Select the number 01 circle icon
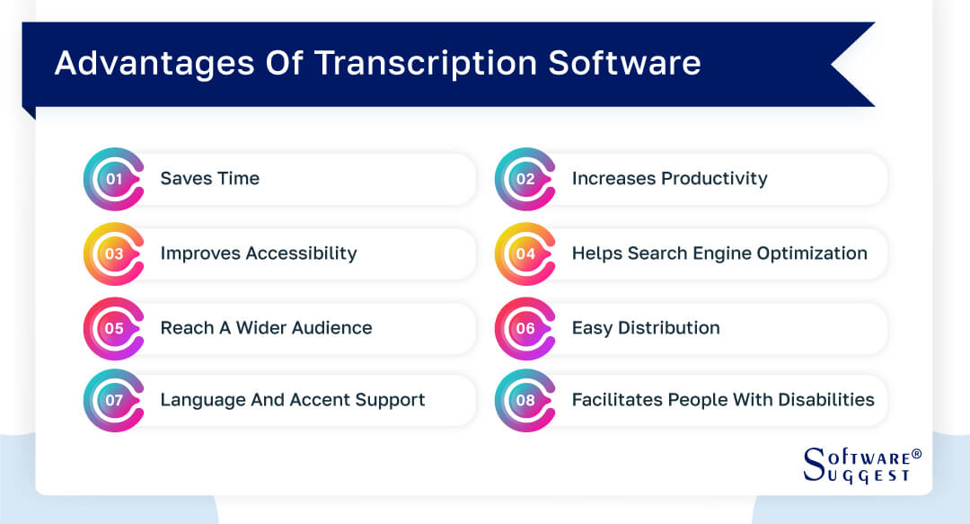(114, 179)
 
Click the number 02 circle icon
(525, 179)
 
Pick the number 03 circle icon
(114, 253)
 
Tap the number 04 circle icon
(525, 253)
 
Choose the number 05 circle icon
(114, 328)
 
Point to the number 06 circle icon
(525, 328)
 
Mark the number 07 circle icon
(114, 400)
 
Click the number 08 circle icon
(525, 400)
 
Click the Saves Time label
(209, 179)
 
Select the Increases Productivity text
(669, 179)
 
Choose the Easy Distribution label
(645, 328)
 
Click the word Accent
(321, 400)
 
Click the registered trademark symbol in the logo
(916, 454)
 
